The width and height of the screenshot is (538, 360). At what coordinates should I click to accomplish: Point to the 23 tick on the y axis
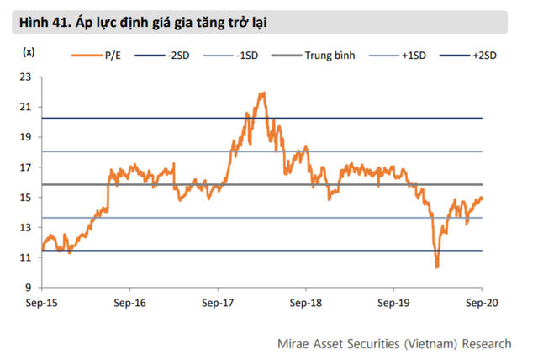click(25, 77)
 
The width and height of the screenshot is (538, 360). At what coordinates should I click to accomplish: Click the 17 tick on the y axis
click(25, 167)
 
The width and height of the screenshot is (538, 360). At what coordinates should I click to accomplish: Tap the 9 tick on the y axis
click(28, 288)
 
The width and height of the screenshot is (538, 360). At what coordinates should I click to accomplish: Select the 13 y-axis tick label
click(25, 228)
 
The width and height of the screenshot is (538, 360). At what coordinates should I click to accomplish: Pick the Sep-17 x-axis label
click(219, 301)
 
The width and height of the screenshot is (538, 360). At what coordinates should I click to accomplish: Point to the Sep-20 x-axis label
click(482, 301)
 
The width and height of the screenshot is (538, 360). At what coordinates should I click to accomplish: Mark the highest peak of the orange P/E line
click(264, 93)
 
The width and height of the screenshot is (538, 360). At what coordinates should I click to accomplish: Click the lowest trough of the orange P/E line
click(436, 267)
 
